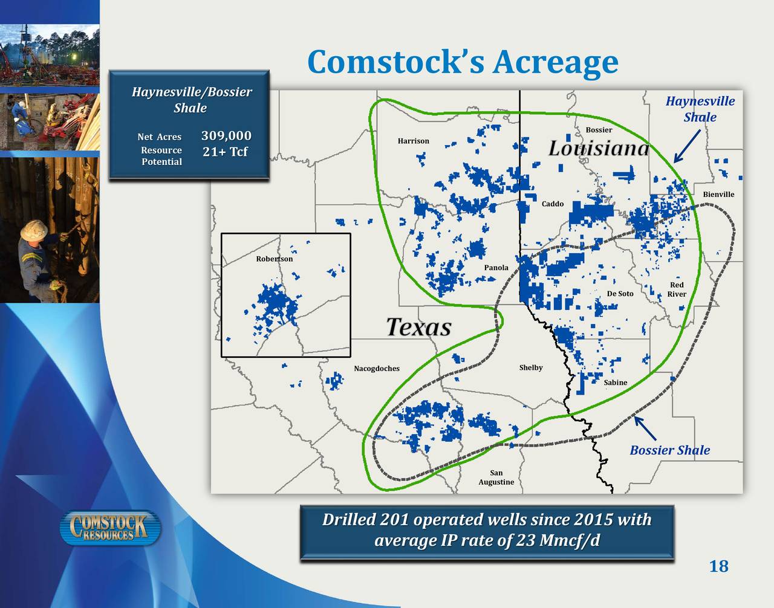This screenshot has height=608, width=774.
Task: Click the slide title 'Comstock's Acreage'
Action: pos(463,62)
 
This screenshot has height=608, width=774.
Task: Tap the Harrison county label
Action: pos(414,141)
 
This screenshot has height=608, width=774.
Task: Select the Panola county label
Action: pos(496,268)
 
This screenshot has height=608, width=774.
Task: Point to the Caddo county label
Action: pos(553,204)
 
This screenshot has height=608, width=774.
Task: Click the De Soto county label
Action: pos(620,294)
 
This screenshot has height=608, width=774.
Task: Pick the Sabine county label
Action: pos(616,383)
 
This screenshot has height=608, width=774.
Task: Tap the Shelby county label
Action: pos(531,367)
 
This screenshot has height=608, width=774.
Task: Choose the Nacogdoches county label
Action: pos(377,369)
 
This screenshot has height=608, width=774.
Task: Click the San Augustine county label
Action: pos(496,477)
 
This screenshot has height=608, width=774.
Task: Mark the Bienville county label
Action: pos(718,194)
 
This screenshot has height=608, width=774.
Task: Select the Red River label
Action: pos(677,289)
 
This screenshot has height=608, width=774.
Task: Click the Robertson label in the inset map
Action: pos(275,259)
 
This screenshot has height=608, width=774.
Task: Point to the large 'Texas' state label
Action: pos(418,327)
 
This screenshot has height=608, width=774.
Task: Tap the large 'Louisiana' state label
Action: pos(599,148)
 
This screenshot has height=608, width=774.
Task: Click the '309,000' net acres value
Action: pos(226,135)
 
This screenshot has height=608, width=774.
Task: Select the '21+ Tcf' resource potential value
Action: pos(225,152)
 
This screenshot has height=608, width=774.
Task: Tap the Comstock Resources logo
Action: pos(111,528)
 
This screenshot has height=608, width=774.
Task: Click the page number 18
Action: pos(718,566)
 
